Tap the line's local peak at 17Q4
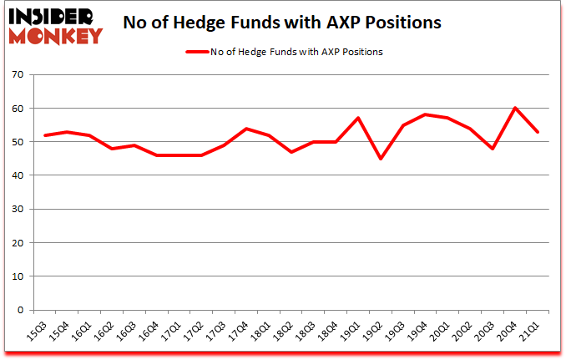point(245,129)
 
